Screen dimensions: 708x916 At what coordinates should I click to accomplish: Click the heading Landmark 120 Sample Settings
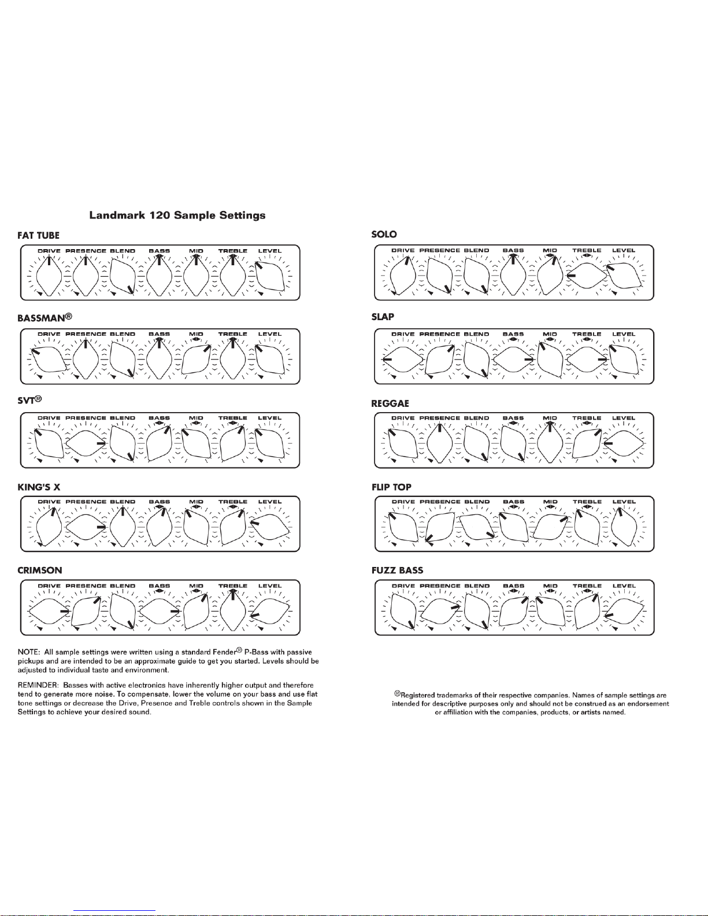(177, 216)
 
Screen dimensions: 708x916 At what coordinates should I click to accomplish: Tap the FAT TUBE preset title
(38, 235)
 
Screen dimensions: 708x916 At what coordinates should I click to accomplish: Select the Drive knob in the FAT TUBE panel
(49, 276)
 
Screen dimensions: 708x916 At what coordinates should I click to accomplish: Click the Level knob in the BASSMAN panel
(270, 359)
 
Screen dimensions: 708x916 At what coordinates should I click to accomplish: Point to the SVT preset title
(29, 400)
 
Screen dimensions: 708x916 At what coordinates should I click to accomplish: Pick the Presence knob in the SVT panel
(86, 443)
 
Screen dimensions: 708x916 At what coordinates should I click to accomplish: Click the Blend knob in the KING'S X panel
(123, 527)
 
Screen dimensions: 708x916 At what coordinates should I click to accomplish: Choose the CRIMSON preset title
(40, 570)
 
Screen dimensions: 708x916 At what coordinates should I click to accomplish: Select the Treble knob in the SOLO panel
(587, 276)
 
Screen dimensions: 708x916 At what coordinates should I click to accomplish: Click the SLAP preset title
(383, 317)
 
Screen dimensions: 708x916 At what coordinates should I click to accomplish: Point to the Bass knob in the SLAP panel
(513, 359)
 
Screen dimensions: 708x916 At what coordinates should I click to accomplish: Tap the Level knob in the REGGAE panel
(624, 443)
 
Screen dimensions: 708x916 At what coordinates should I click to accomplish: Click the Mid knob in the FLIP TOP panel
(550, 527)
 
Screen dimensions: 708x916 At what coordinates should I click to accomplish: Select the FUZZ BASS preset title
(398, 570)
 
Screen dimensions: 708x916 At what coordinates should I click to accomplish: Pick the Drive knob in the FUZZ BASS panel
(403, 611)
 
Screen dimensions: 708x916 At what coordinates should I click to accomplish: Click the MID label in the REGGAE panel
(550, 418)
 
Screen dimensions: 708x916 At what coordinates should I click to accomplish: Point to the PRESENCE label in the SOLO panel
(440, 250)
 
